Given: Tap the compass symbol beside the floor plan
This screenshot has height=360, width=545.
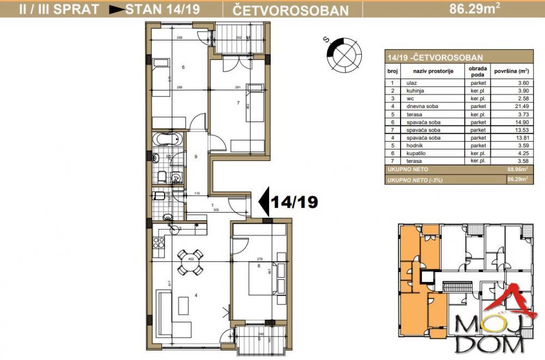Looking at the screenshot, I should pyautogui.click(x=344, y=53).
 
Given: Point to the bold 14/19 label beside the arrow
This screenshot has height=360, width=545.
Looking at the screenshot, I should pyautogui.click(x=295, y=202).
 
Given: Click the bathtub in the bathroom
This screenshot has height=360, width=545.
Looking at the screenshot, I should pyautogui.click(x=166, y=139).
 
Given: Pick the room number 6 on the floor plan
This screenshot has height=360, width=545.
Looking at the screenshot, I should pyautogui.click(x=183, y=68).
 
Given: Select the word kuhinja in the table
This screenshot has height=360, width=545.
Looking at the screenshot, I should pyautogui.click(x=415, y=90).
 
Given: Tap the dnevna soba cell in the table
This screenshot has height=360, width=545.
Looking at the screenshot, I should pyautogui.click(x=421, y=106).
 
